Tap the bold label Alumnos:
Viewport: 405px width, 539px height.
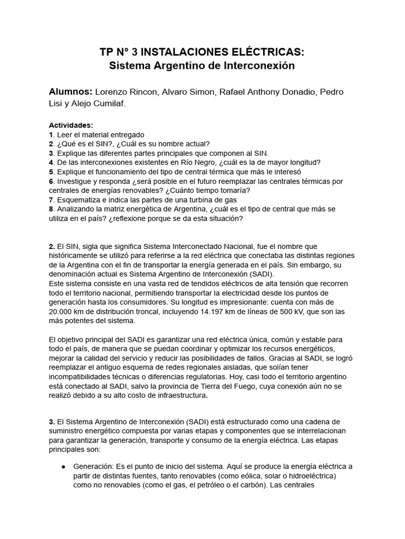click(71, 92)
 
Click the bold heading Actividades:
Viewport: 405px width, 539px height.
click(71, 125)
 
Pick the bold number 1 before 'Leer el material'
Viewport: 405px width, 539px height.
click(51, 134)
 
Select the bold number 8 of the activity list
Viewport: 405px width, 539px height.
click(51, 209)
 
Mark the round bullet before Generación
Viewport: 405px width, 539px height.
click(63, 466)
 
